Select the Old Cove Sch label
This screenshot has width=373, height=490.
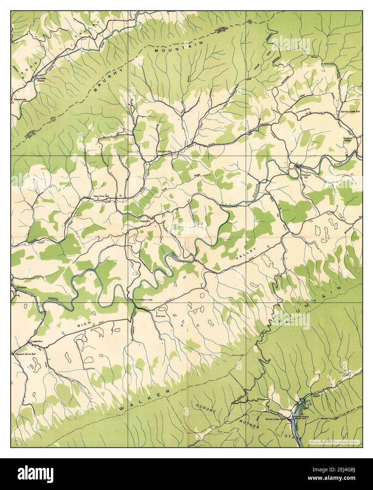(164, 152)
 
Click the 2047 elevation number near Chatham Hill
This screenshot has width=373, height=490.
(292, 169)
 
